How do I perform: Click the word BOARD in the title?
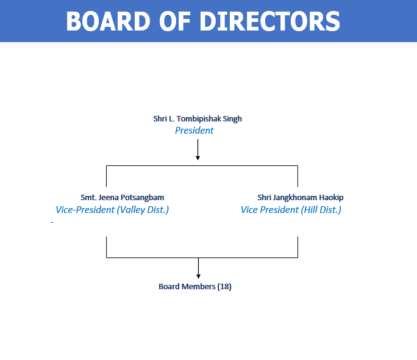(109, 21)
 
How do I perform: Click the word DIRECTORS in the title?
(269, 21)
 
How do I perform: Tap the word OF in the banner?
(175, 21)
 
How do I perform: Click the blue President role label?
(194, 131)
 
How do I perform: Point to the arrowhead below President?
(198, 158)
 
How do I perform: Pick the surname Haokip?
(332, 198)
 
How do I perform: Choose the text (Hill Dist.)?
(321, 210)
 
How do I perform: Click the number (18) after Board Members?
(224, 287)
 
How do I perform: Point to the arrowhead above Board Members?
(198, 276)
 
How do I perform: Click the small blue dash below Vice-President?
(52, 222)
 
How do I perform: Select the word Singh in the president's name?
(232, 119)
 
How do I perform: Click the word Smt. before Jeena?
(88, 198)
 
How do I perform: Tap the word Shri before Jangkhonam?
(265, 198)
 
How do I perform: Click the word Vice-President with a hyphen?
(85, 210)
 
